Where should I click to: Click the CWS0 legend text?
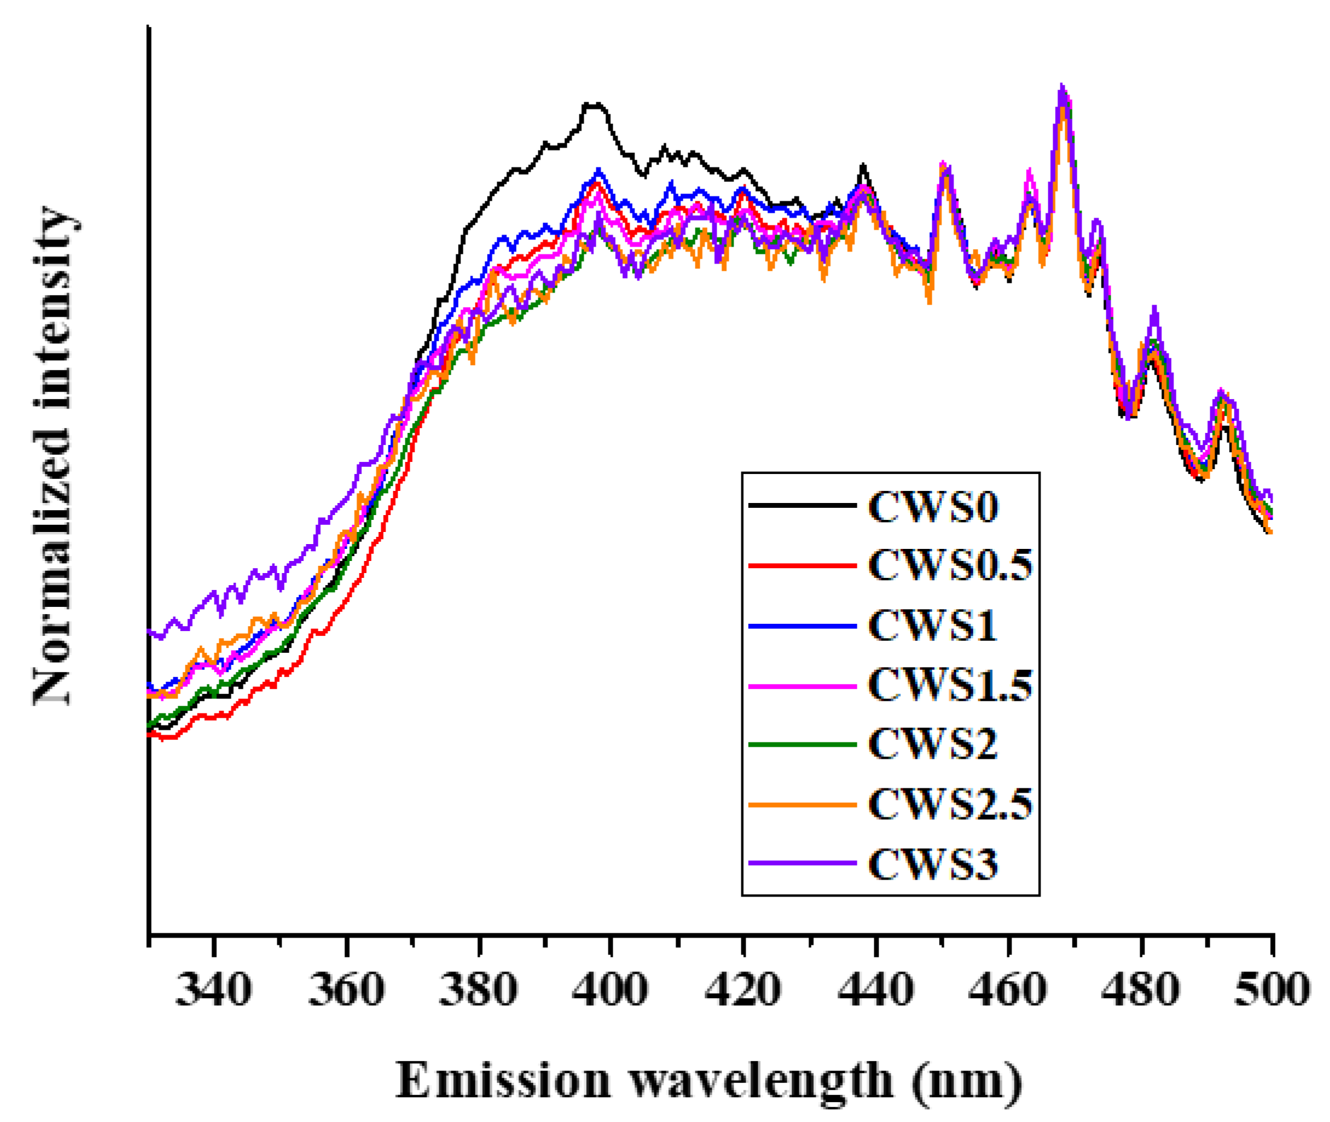click(x=932, y=507)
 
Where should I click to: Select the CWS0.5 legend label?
click(x=950, y=565)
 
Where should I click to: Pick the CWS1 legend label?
click(x=932, y=625)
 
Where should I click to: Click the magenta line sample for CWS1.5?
click(x=802, y=686)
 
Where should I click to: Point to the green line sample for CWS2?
click(x=802, y=744)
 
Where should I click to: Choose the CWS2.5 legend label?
click(x=950, y=805)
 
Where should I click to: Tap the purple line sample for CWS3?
click(x=802, y=863)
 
